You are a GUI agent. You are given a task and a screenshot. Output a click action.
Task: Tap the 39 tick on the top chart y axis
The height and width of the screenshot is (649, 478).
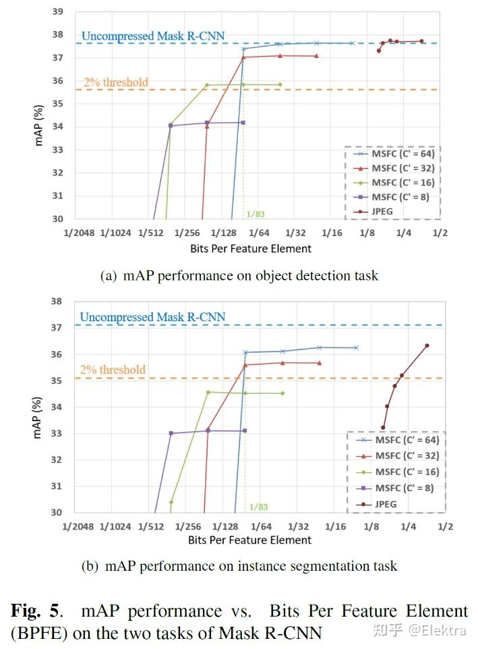[58, 12]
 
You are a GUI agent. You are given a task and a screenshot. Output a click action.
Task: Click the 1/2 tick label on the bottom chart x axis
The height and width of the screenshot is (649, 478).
[444, 526]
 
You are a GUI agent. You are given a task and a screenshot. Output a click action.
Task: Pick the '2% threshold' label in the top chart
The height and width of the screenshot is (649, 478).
[114, 82]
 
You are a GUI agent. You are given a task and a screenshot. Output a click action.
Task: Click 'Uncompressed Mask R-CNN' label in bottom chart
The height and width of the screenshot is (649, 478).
[152, 317]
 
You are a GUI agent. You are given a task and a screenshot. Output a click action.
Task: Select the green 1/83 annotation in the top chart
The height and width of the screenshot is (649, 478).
[256, 214]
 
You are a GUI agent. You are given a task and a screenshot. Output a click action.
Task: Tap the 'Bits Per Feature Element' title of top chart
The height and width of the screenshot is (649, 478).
[251, 248]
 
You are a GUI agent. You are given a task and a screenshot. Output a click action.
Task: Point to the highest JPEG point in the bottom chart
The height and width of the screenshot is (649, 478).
[427, 345]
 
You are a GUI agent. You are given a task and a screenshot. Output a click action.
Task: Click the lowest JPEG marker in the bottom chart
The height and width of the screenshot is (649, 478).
[383, 427]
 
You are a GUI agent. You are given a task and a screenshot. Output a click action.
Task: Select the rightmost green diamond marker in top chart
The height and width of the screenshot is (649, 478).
[280, 85]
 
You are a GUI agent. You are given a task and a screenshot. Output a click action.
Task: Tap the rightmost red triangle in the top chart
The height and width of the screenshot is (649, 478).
[316, 56]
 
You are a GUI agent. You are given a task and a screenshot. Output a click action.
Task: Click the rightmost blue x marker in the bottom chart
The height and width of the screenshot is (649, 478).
[356, 347]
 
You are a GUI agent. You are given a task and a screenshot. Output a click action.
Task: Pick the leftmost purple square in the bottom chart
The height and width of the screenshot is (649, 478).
[171, 433]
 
